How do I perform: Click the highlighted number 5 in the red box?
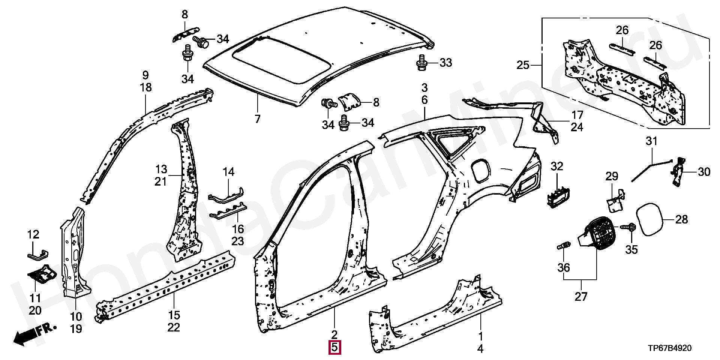[x=334, y=348]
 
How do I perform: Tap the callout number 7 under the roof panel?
[x=257, y=119]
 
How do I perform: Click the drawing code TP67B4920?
[x=670, y=348]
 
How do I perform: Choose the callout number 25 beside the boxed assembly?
[x=523, y=65]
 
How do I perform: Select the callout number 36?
[x=564, y=267]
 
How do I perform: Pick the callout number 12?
[x=33, y=235]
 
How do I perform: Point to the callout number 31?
[x=651, y=142]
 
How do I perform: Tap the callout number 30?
[x=704, y=172]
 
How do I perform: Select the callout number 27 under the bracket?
[x=581, y=296]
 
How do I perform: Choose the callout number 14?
[x=228, y=172]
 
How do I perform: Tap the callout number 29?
[x=612, y=176]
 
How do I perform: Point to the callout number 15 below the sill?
[x=174, y=315]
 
